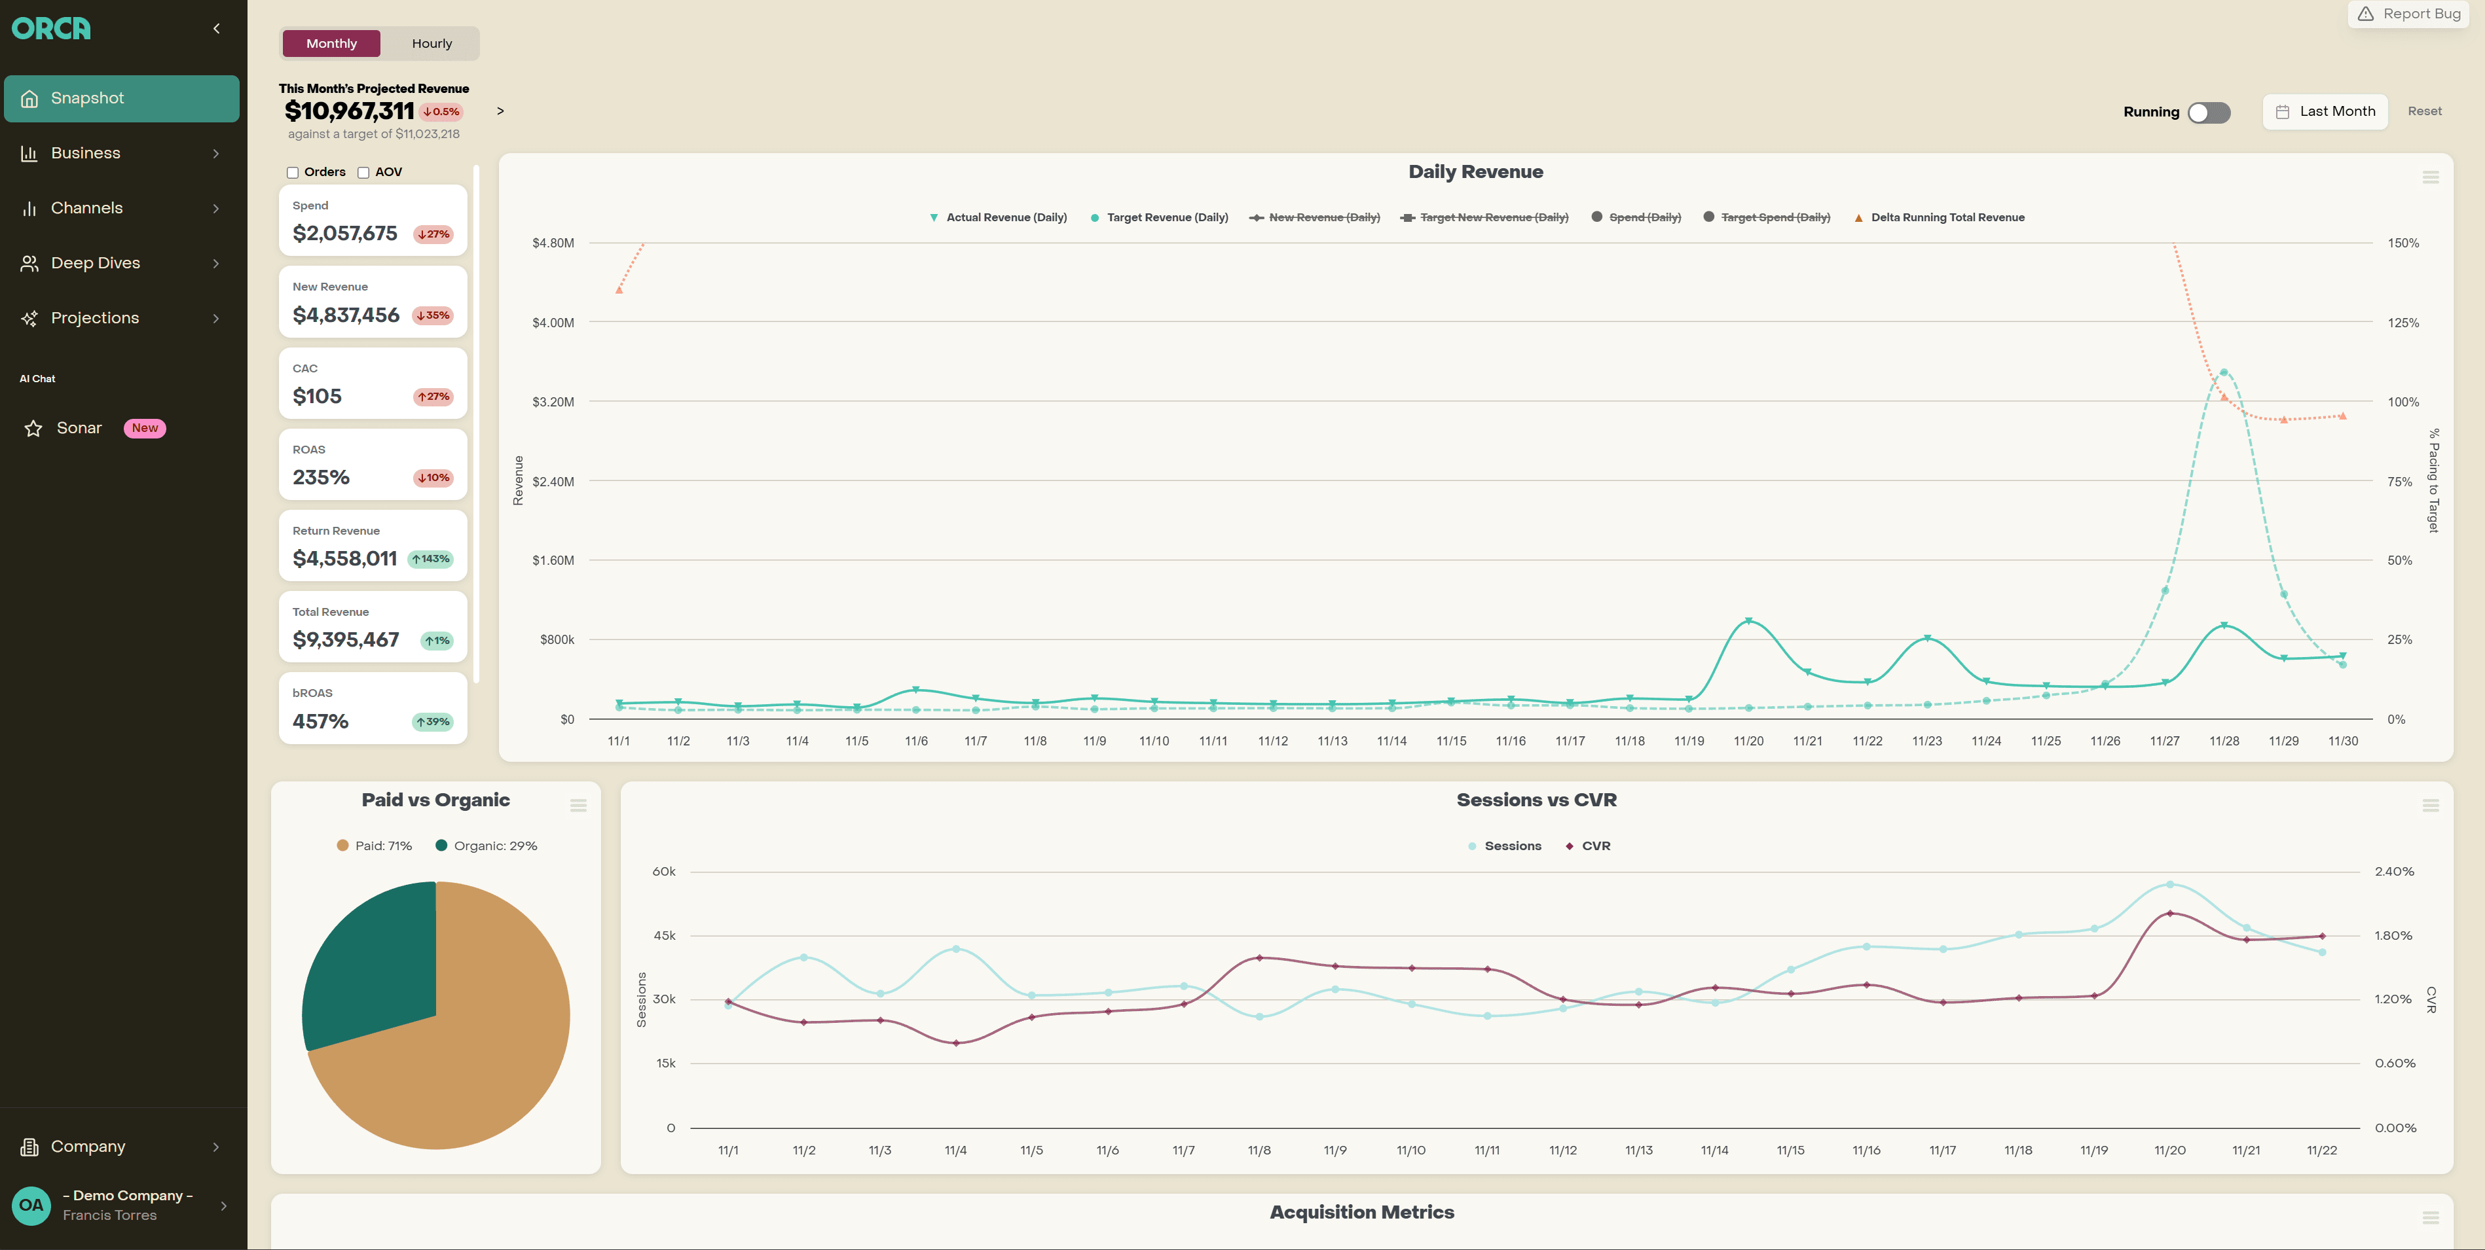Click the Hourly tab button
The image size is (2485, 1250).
coord(432,43)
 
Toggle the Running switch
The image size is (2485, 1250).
coord(2208,112)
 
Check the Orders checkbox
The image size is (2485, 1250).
coord(292,173)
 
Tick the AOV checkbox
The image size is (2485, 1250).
coord(363,173)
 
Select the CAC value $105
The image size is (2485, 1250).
coord(318,397)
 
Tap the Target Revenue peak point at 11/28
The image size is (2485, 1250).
coord(2224,372)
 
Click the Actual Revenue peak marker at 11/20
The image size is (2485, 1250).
coord(1749,621)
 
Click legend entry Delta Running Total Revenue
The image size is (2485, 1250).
coord(1947,218)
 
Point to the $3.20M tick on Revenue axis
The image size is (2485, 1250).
coord(553,402)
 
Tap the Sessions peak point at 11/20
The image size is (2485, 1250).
coord(2169,884)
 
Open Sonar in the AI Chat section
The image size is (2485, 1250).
coord(79,428)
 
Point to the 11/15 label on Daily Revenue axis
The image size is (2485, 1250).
coord(1451,741)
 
